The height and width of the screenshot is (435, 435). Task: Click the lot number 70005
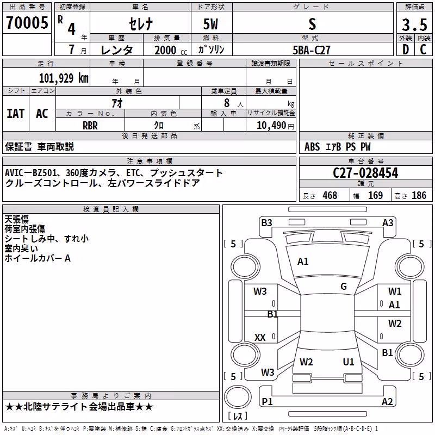pyautogui.click(x=27, y=22)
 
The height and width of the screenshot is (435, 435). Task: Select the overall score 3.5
pyautogui.click(x=415, y=24)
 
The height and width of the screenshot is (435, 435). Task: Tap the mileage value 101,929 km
pyautogui.click(x=64, y=78)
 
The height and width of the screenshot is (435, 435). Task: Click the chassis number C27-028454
pyautogui.click(x=365, y=173)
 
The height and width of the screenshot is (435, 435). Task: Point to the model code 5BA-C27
pyautogui.click(x=312, y=50)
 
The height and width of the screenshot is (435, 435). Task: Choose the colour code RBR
pyautogui.click(x=90, y=126)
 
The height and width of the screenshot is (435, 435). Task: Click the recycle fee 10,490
pyautogui.click(x=271, y=126)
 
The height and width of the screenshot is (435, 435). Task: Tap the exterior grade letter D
pyautogui.click(x=406, y=49)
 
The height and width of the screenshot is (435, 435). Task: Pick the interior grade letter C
pyautogui.click(x=423, y=49)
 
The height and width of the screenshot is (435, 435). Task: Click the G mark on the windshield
pyautogui.click(x=344, y=286)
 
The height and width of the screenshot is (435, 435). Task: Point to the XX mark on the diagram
pyautogui.click(x=260, y=337)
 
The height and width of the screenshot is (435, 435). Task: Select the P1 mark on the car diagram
pyautogui.click(x=267, y=401)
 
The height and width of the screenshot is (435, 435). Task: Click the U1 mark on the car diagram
pyautogui.click(x=349, y=362)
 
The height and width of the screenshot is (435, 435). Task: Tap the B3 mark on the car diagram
pyautogui.click(x=266, y=223)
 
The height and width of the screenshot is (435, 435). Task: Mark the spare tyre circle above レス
pyautogui.click(x=238, y=397)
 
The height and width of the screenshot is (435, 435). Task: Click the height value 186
pyautogui.click(x=419, y=195)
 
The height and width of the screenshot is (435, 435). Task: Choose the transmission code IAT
pyautogui.click(x=15, y=114)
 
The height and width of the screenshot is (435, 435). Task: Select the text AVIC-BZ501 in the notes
pyautogui.click(x=30, y=173)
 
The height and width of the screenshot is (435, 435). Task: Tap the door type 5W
pyautogui.click(x=210, y=24)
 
